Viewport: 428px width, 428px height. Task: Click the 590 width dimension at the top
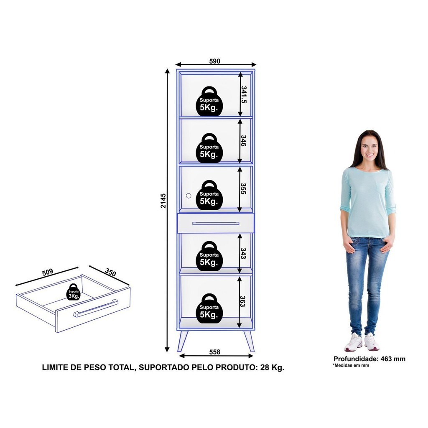click(x=215, y=61)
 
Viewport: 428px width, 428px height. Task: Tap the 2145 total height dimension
click(x=163, y=201)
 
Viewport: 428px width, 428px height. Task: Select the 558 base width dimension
click(x=215, y=352)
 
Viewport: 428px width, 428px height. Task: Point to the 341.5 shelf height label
click(x=244, y=95)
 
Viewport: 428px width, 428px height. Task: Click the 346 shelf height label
click(x=244, y=140)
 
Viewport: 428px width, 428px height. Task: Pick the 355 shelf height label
click(x=244, y=189)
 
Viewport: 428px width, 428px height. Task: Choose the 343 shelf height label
click(x=244, y=253)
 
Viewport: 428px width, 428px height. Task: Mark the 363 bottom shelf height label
click(x=243, y=301)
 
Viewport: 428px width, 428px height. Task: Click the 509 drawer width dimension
click(x=48, y=272)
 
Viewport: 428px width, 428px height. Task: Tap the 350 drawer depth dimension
click(x=110, y=272)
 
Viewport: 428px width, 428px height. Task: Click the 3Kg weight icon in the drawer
click(x=73, y=292)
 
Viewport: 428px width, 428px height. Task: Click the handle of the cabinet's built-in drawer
click(x=216, y=223)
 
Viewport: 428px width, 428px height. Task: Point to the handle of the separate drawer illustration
click(x=96, y=308)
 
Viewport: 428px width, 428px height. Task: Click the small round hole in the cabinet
click(x=189, y=196)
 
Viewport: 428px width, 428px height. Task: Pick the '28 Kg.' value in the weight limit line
click(x=272, y=367)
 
